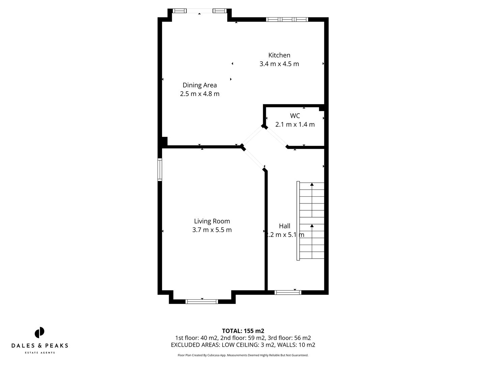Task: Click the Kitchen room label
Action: tap(279, 55)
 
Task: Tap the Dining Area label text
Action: tap(199, 85)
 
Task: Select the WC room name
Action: tap(295, 116)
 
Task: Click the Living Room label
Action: tap(212, 221)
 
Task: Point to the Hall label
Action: tap(284, 226)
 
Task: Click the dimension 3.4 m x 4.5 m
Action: tap(279, 64)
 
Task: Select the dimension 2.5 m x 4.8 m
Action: tap(199, 94)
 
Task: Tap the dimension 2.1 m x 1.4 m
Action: tap(295, 124)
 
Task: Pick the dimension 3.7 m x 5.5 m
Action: tap(212, 230)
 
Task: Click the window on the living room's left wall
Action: tap(160, 170)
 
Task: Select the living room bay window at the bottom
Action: tap(202, 301)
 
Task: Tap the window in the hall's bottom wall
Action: tap(288, 292)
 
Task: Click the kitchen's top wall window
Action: tap(287, 20)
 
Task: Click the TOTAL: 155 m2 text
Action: tap(243, 331)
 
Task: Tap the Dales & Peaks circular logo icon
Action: tap(39, 333)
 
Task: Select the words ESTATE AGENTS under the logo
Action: tap(39, 353)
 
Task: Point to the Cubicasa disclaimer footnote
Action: tap(243, 355)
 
